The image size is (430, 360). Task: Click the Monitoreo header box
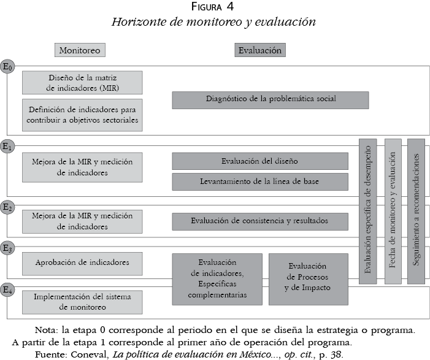pyautogui.click(x=79, y=50)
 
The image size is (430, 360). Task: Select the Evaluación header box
pyautogui.click(x=260, y=50)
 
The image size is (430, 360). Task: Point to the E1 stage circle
pyautogui.click(x=8, y=147)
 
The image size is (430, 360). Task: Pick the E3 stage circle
pyautogui.click(x=8, y=248)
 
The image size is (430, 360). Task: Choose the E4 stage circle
pyautogui.click(x=8, y=289)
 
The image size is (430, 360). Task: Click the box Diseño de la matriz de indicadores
pyautogui.click(x=82, y=82)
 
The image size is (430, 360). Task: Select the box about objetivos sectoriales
pyautogui.click(x=82, y=115)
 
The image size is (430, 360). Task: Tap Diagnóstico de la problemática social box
pyautogui.click(x=270, y=99)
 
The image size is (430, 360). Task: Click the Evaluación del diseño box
pyautogui.click(x=259, y=161)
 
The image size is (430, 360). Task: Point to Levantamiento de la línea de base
pyautogui.click(x=259, y=182)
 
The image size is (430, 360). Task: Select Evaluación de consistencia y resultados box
pyautogui.click(x=259, y=221)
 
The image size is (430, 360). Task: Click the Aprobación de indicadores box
pyautogui.click(x=82, y=263)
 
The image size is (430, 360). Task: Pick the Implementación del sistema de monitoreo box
pyautogui.click(x=82, y=300)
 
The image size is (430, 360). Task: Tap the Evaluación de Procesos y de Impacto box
pyautogui.click(x=309, y=277)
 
